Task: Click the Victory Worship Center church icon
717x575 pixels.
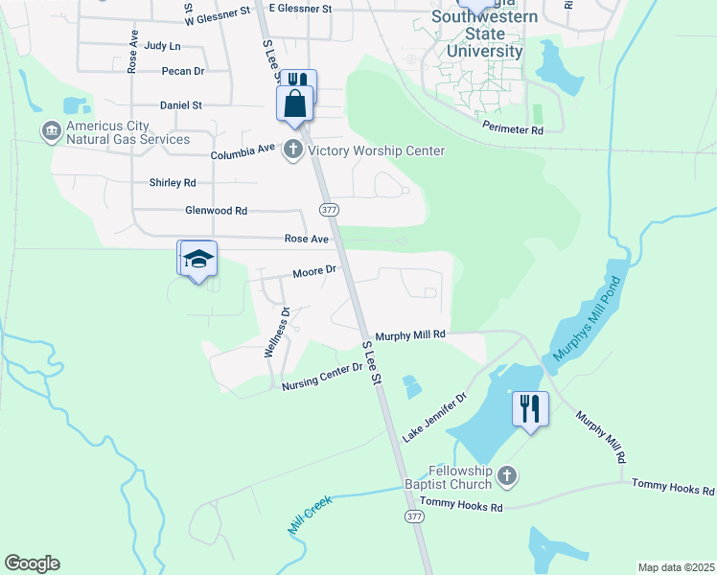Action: click(x=293, y=150)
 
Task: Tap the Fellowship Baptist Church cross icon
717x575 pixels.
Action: click(x=508, y=475)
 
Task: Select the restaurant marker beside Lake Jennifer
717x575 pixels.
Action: click(x=530, y=408)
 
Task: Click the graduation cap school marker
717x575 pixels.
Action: click(x=199, y=260)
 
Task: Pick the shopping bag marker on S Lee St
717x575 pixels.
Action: click(x=295, y=103)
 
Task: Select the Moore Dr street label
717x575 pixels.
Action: click(x=313, y=271)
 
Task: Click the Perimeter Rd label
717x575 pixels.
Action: click(x=513, y=128)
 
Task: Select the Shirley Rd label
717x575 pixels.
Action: click(x=173, y=182)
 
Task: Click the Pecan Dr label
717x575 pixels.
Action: click(x=184, y=71)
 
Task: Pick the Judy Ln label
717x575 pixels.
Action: click(x=161, y=45)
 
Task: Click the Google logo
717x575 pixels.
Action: click(x=32, y=563)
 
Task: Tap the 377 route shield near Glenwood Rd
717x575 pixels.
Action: click(x=329, y=209)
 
